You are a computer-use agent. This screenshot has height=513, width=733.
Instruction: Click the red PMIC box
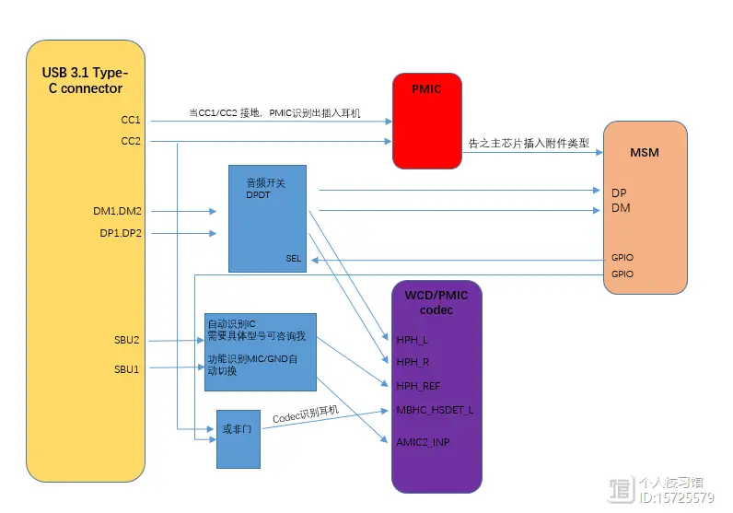click(x=427, y=122)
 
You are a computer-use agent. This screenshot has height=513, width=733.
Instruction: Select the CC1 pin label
click(x=130, y=120)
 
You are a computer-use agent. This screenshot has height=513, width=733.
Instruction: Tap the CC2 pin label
click(x=130, y=141)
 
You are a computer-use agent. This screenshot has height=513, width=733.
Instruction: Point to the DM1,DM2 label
click(x=118, y=211)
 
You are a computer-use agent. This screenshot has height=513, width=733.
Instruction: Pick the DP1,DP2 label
click(x=121, y=233)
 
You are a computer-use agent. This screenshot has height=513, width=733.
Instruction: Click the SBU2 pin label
click(x=126, y=340)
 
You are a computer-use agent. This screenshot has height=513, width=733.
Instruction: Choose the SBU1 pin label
click(x=126, y=368)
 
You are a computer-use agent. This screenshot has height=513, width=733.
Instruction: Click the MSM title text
click(x=645, y=152)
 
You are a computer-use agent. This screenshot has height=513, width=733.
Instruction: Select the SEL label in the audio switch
click(x=293, y=260)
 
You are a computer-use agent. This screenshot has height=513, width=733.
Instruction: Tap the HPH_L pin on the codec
click(x=413, y=340)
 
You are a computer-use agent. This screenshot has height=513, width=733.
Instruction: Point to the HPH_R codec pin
click(x=413, y=361)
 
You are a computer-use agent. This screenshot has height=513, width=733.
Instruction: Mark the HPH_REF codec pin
click(x=418, y=384)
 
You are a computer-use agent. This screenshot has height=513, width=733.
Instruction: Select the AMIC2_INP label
click(x=423, y=442)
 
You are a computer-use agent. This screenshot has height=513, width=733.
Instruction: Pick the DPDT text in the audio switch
click(x=260, y=195)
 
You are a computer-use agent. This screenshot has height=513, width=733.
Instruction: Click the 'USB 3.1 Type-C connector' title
click(x=86, y=81)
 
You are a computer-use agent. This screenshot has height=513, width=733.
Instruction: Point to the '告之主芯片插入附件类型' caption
click(x=529, y=143)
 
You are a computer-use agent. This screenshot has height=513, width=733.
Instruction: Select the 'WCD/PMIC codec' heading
click(x=436, y=302)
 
